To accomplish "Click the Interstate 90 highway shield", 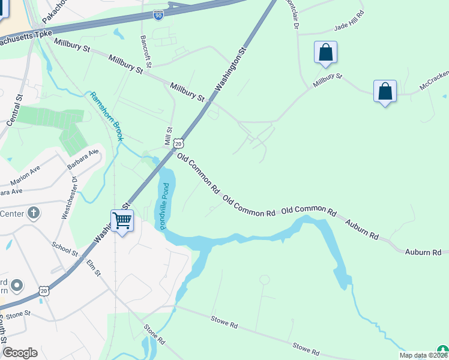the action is click(x=158, y=16).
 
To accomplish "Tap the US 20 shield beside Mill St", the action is click(x=178, y=144).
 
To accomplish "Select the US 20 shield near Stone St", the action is click(x=44, y=291).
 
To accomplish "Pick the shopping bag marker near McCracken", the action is click(x=385, y=92).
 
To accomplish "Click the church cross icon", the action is click(x=34, y=212).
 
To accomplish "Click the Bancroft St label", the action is click(x=145, y=51).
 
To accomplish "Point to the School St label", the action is click(x=65, y=250).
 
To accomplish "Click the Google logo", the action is click(x=20, y=353).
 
